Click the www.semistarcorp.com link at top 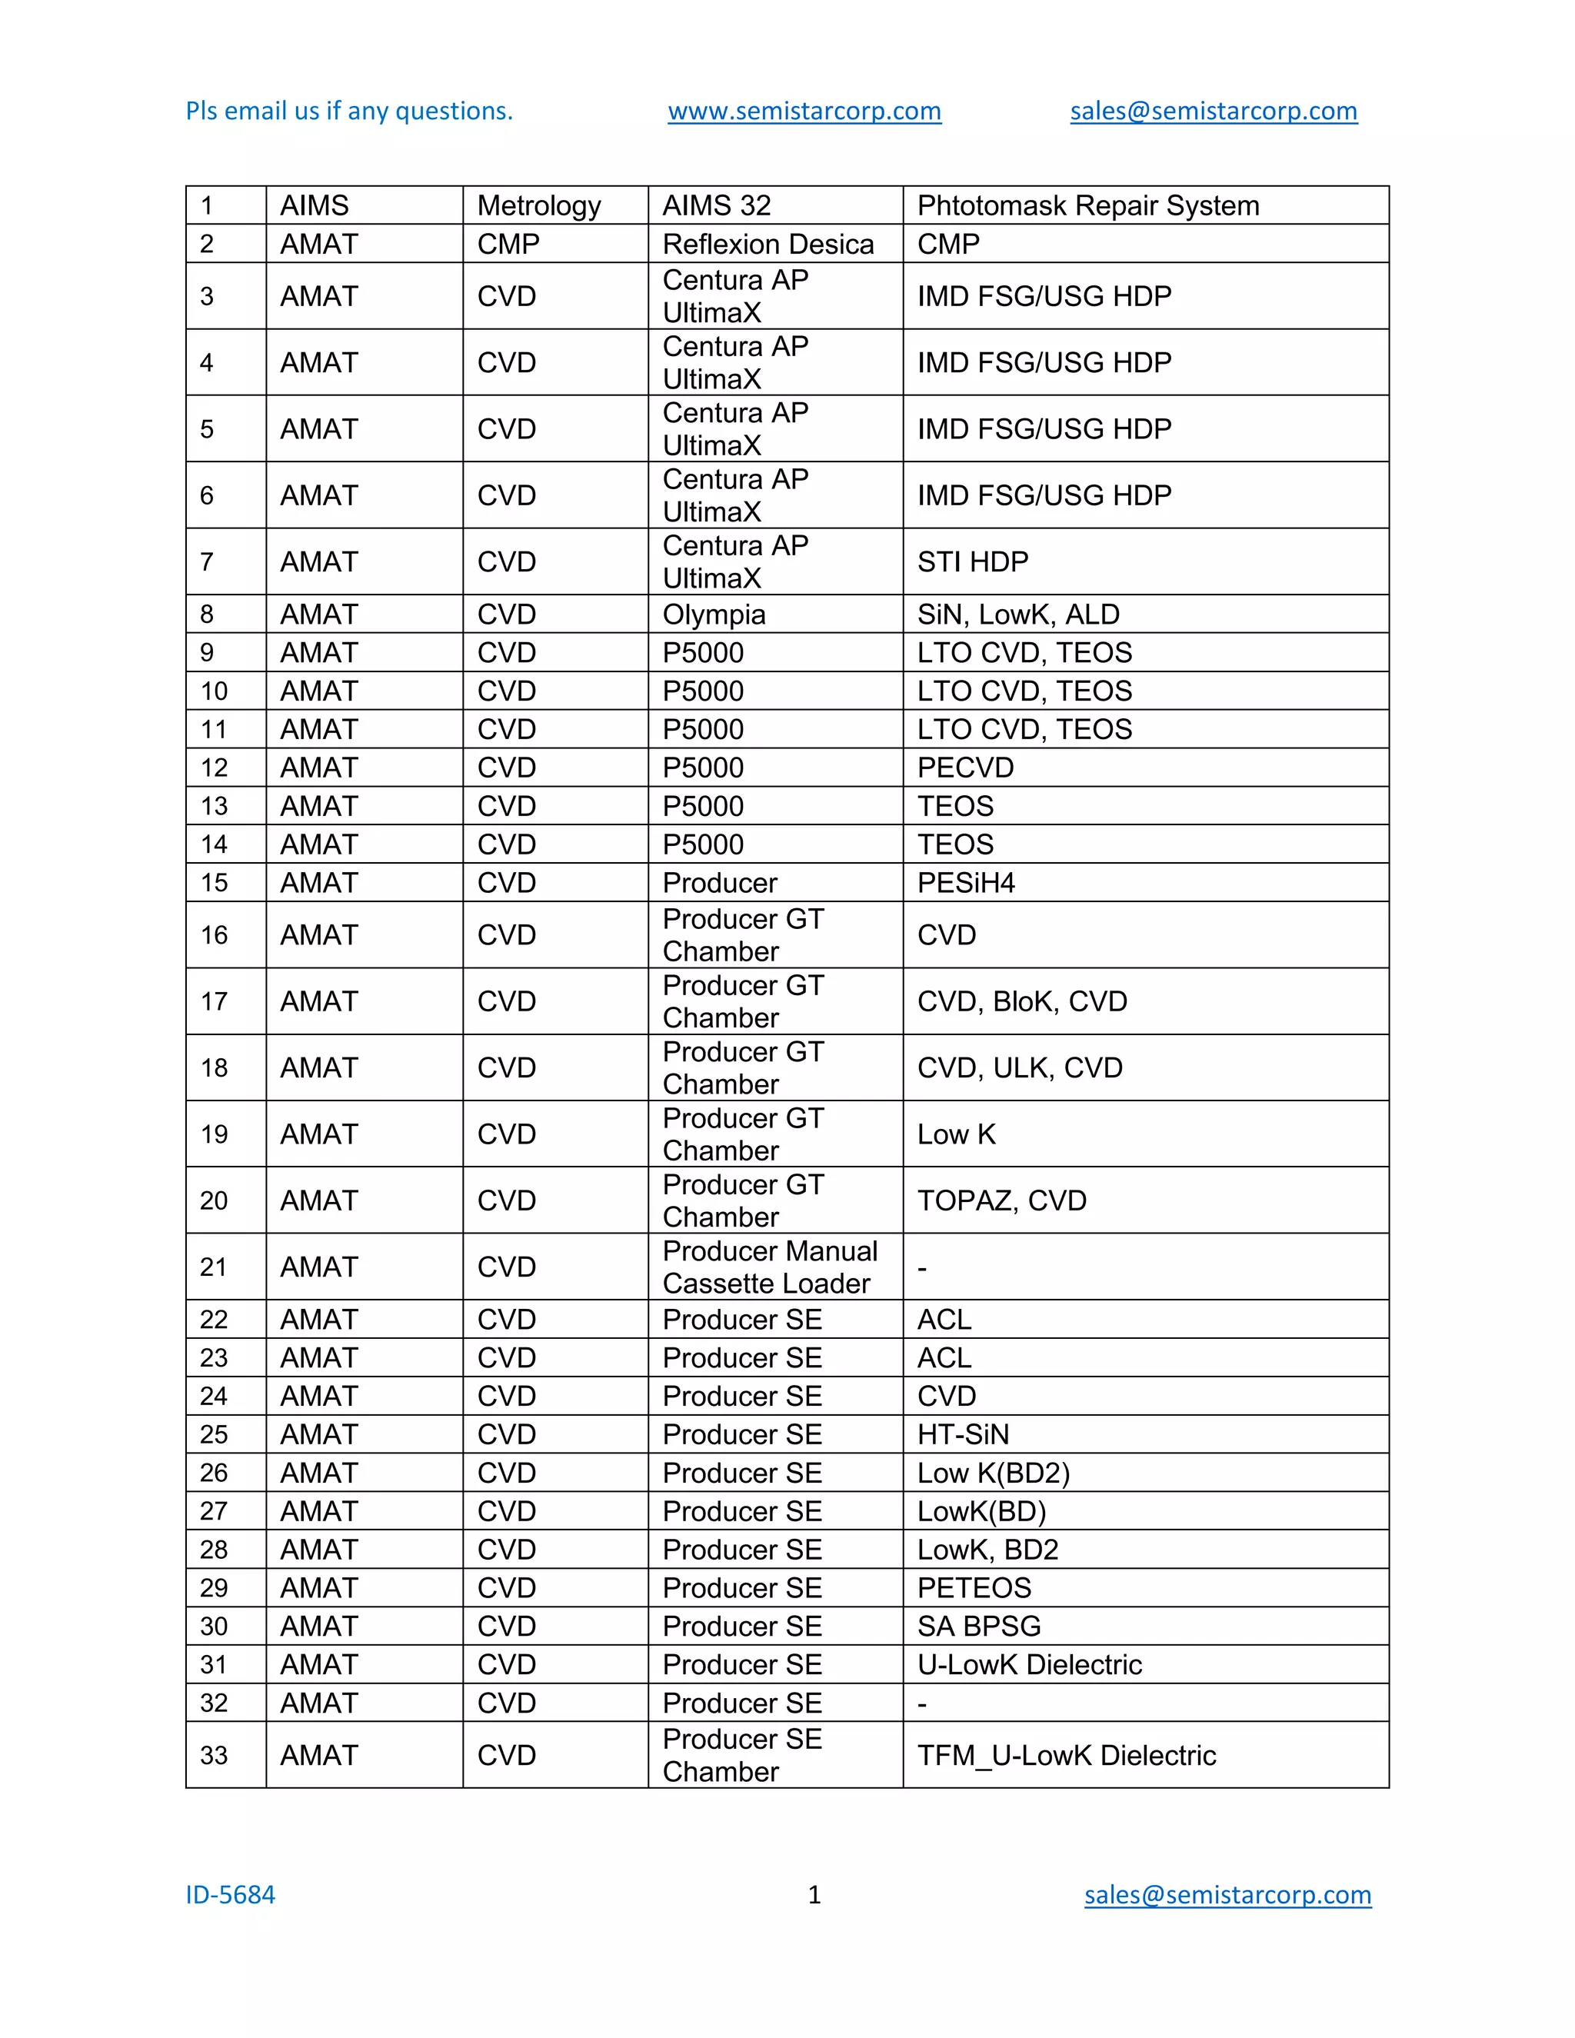804,111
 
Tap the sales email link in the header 1213,111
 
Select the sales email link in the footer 1227,1895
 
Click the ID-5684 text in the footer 231,1895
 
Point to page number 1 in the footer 814,1895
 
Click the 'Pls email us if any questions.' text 349,111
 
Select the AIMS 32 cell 717,205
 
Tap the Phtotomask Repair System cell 1088,205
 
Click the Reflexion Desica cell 768,244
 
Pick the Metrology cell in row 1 539,205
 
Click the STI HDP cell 972,561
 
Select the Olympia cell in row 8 714,614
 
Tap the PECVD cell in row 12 965,767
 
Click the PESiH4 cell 966,883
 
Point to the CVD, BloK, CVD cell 1022,1001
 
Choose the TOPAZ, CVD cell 1001,1200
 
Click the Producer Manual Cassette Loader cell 770,1267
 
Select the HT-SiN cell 963,1434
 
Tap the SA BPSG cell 979,1627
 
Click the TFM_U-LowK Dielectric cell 1067,1755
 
